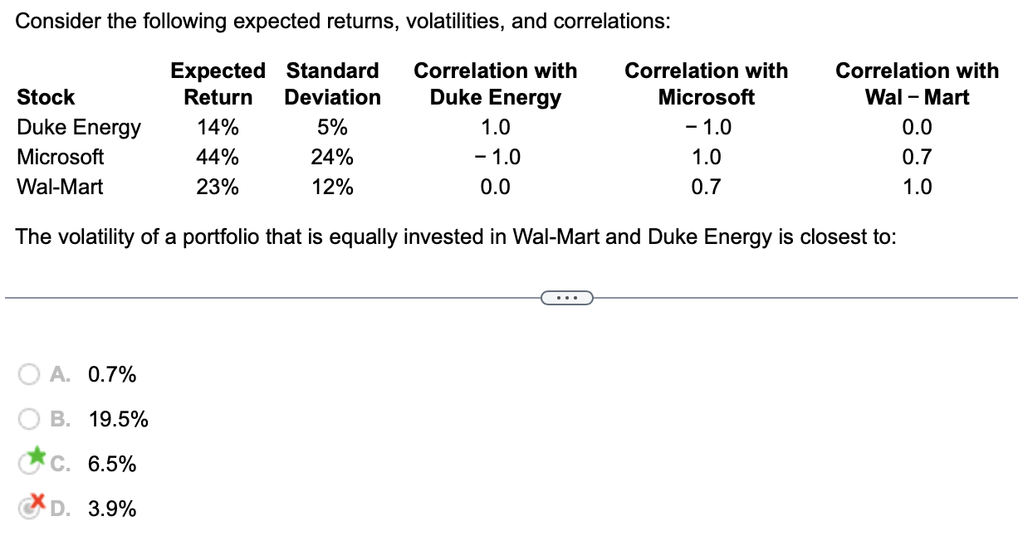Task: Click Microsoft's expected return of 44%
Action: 218,157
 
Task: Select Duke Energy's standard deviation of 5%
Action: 332,128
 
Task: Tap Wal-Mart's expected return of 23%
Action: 218,187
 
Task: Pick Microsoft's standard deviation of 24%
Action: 332,157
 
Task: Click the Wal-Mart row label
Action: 60,187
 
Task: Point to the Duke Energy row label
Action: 79,128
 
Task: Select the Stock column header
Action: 46,98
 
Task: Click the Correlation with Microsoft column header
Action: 706,84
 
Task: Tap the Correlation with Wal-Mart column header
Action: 917,84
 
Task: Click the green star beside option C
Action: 35,456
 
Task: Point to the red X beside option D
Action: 35,501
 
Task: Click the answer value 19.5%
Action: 119,420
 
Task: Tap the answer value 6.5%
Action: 112,464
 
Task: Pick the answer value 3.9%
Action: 112,509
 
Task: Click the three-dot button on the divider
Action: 566,297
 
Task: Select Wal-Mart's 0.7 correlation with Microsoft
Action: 706,187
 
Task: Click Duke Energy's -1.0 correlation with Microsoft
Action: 706,128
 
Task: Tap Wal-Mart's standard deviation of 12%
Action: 332,187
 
